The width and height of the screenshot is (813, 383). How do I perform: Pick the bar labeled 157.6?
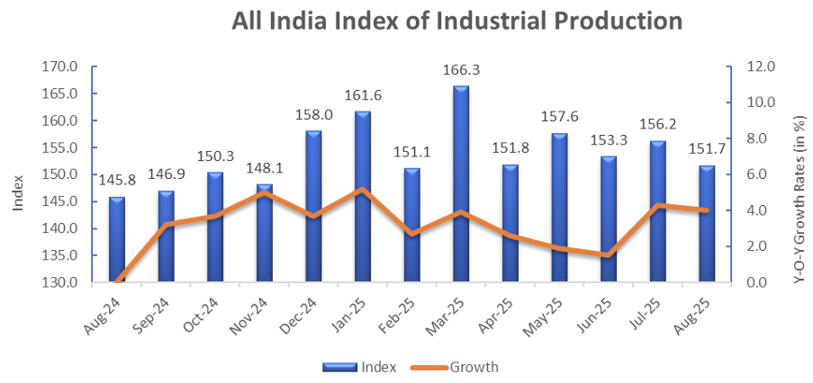coord(559,207)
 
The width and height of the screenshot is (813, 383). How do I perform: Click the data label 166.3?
coord(461,68)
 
